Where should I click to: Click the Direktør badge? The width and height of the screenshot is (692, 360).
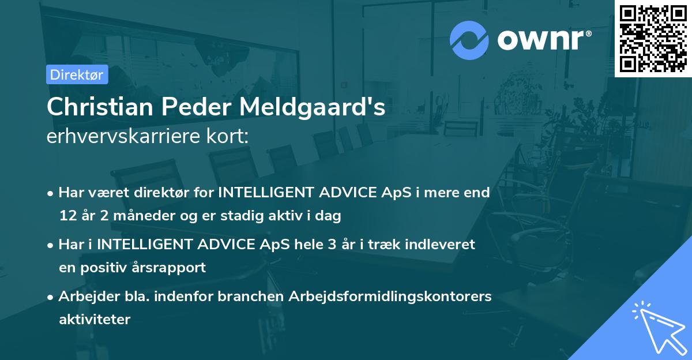click(x=77, y=74)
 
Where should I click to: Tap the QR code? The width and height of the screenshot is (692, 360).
click(x=653, y=39)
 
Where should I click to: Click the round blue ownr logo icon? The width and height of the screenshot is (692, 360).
click(x=470, y=40)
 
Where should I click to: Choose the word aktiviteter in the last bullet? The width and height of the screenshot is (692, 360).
click(x=95, y=319)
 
